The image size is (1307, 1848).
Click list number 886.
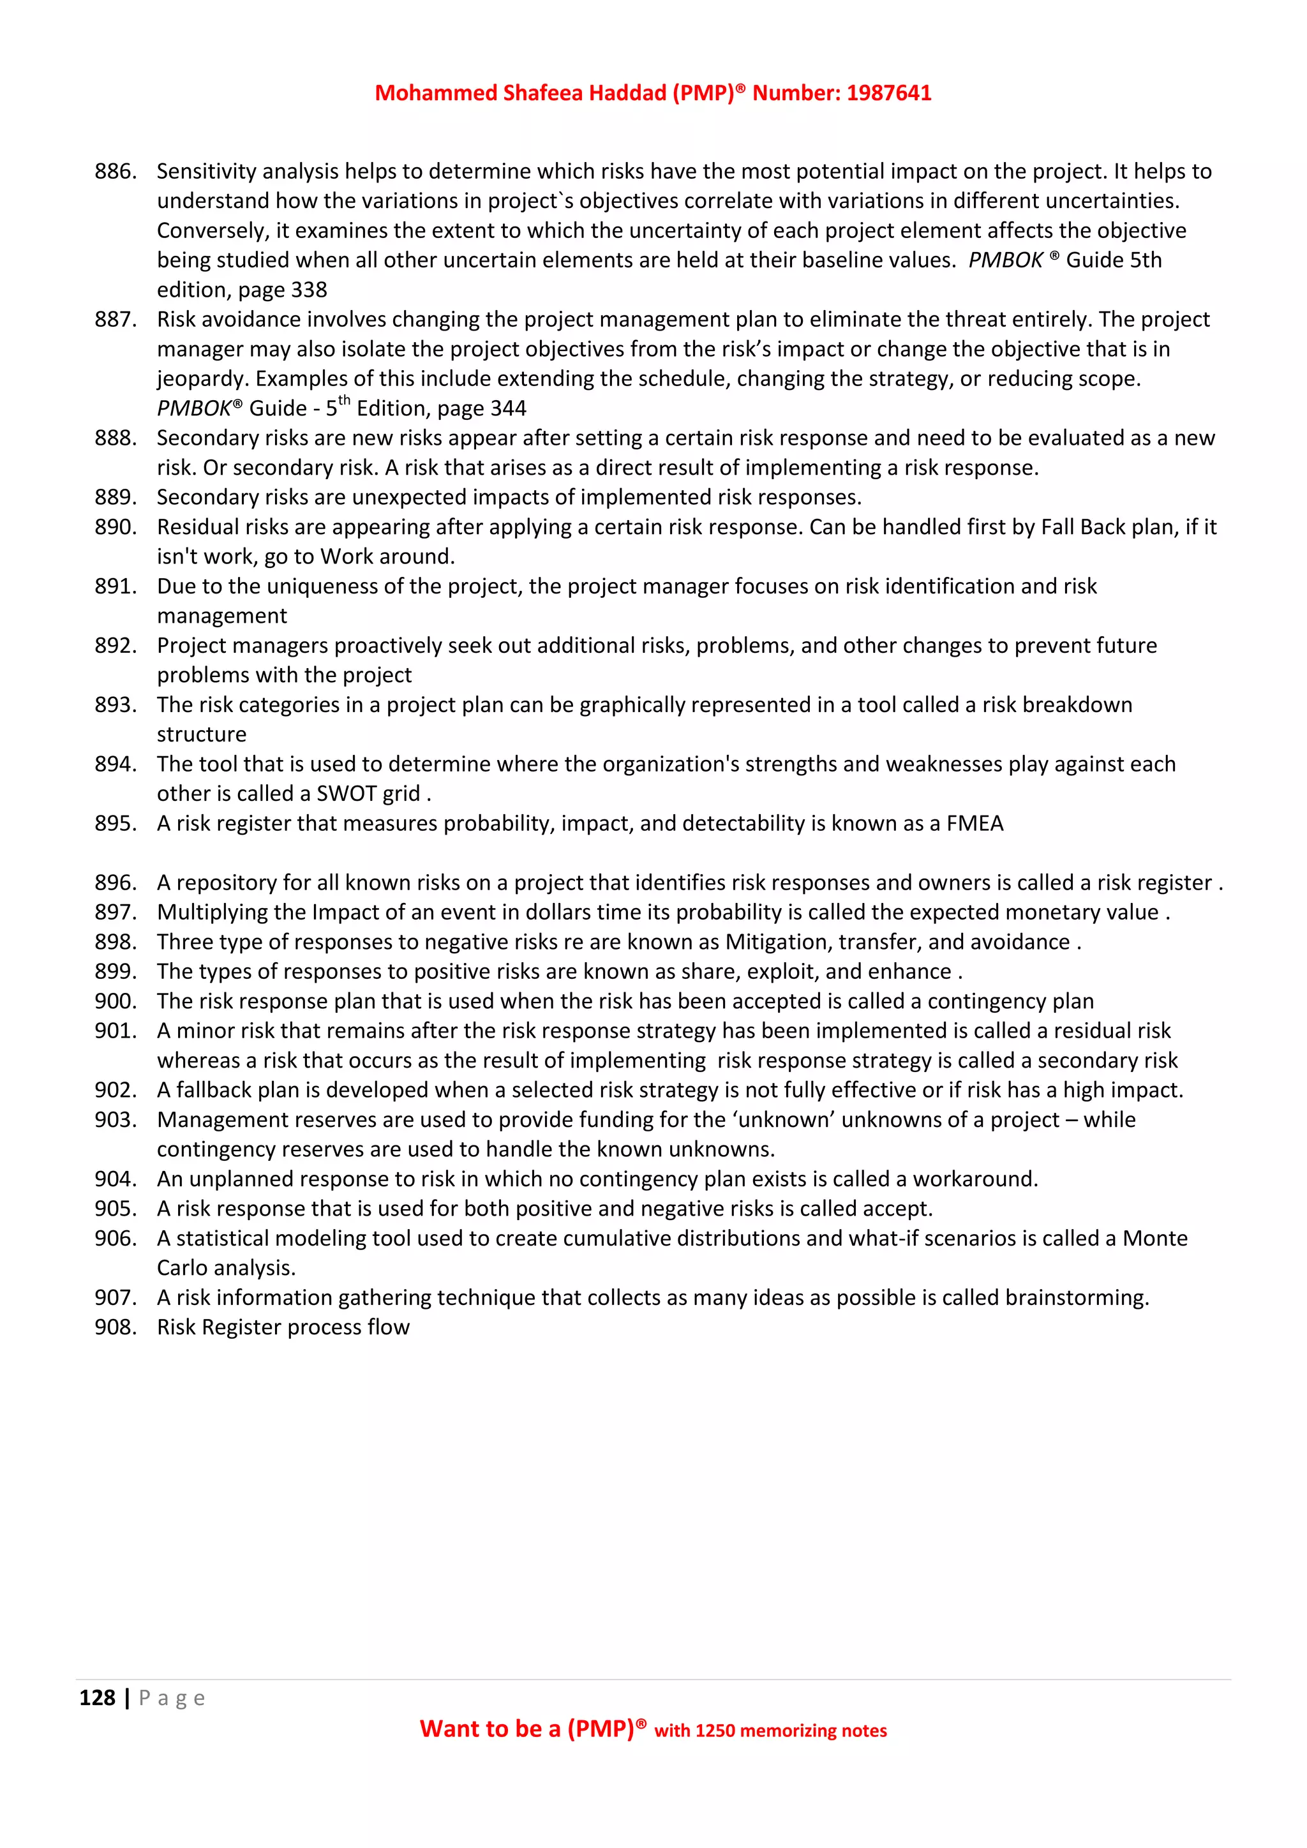(x=115, y=172)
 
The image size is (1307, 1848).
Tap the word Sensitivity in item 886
(x=207, y=172)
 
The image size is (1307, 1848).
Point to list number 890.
(x=115, y=527)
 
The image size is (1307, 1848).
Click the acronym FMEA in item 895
(x=975, y=823)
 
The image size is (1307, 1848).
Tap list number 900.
(x=115, y=1001)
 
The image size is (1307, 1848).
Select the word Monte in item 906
(x=1155, y=1239)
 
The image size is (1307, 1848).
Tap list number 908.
(x=115, y=1327)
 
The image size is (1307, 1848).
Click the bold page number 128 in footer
(x=98, y=1697)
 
